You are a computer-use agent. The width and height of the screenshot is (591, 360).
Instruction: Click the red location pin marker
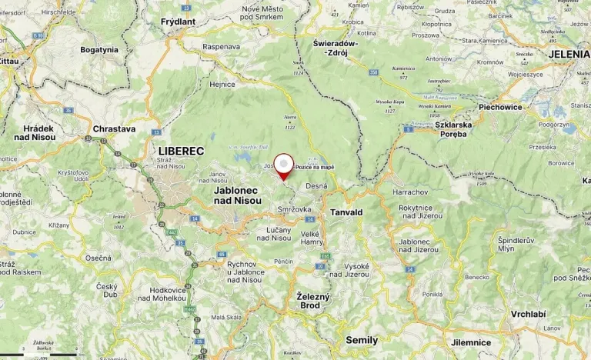tap(285, 167)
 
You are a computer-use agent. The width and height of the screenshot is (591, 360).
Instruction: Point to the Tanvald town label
tap(346, 212)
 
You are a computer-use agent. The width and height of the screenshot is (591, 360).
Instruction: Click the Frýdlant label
tap(179, 23)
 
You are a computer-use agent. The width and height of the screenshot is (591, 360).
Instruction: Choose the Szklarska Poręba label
tap(451, 128)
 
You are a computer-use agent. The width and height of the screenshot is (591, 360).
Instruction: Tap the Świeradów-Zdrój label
tap(336, 48)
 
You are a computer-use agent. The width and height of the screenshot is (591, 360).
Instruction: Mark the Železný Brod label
tap(313, 301)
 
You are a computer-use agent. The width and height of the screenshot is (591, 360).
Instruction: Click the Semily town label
tap(362, 339)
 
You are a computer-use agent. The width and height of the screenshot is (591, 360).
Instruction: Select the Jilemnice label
tap(470, 342)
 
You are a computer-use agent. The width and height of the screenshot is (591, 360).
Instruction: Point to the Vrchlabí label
tap(528, 314)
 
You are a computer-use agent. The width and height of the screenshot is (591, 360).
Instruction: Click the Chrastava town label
tap(113, 128)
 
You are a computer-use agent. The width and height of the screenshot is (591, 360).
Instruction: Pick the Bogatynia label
tap(99, 49)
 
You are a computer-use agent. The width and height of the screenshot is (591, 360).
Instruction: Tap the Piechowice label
tap(500, 107)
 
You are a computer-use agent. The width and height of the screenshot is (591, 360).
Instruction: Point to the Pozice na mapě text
tap(315, 167)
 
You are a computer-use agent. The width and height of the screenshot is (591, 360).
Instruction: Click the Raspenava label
tap(222, 46)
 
